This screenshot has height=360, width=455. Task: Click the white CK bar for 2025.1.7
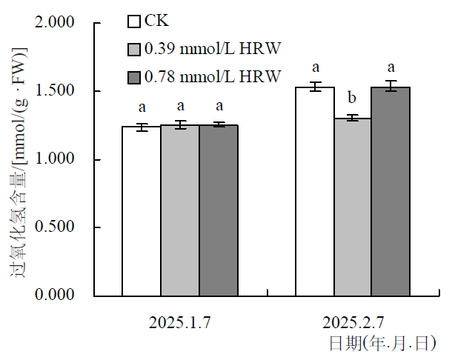(x=142, y=211)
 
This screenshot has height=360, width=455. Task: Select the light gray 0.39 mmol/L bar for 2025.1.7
(x=180, y=210)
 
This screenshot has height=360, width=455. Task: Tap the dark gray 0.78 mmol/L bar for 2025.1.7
(x=219, y=210)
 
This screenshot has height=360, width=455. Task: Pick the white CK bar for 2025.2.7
(x=315, y=192)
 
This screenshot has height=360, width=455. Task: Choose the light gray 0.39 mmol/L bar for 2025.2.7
(x=353, y=207)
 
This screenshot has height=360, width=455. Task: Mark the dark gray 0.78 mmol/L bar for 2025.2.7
(x=391, y=192)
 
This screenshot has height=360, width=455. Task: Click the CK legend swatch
(x=135, y=21)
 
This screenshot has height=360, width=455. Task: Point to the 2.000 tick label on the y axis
(x=56, y=24)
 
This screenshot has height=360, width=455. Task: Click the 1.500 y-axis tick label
(x=56, y=92)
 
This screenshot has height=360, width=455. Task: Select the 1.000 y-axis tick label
(x=56, y=160)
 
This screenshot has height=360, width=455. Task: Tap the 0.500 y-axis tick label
(x=56, y=227)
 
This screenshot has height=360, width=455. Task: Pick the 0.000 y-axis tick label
(x=56, y=296)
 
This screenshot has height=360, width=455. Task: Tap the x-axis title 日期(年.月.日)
(x=382, y=342)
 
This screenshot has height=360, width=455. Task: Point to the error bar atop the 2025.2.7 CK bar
(x=315, y=87)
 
